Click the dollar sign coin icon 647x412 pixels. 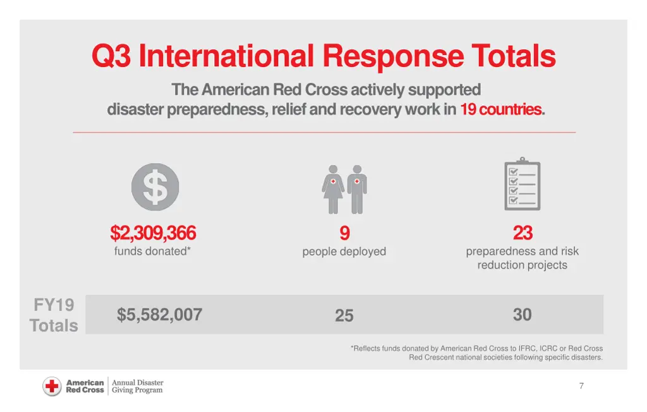click(155, 188)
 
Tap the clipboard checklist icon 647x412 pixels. click(523, 184)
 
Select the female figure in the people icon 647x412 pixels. click(333, 188)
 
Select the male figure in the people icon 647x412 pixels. click(357, 188)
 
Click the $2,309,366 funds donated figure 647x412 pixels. click(153, 234)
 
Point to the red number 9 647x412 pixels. click(344, 234)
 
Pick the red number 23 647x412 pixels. click(523, 234)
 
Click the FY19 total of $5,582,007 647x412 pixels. click(159, 315)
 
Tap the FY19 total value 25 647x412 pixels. click(344, 315)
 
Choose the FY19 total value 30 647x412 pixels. click(523, 315)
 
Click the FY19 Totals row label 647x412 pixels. click(54, 315)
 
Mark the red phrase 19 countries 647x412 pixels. click(500, 109)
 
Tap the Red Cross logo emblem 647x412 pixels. click(52, 386)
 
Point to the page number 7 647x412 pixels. click(581, 386)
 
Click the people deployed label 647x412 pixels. click(344, 251)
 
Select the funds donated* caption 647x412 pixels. click(152, 251)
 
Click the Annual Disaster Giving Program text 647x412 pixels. click(137, 386)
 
